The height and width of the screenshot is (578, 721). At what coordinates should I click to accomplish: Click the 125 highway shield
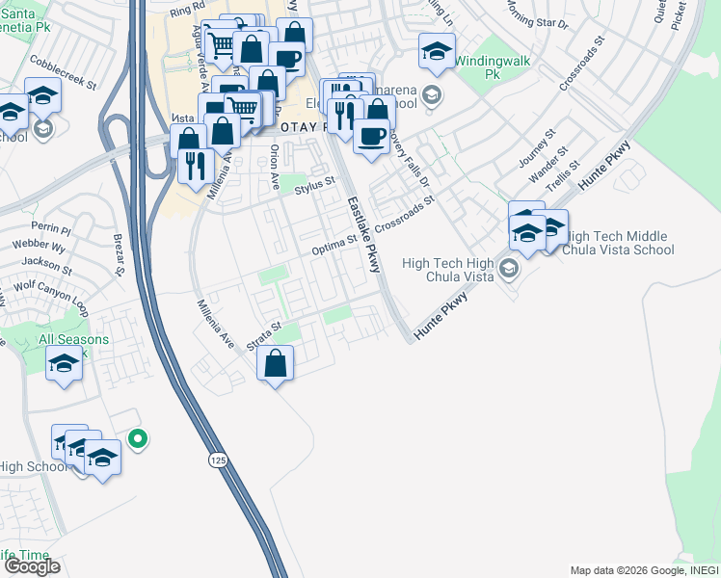tap(218, 461)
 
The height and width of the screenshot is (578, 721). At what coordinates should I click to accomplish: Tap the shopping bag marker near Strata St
tap(276, 364)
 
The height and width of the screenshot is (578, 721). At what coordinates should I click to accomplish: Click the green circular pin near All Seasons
tap(138, 439)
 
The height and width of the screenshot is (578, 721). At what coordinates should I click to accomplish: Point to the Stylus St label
tap(314, 182)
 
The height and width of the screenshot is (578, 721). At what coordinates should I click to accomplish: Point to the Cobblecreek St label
tap(65, 71)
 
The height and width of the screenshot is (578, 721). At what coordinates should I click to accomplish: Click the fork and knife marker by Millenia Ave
tap(198, 166)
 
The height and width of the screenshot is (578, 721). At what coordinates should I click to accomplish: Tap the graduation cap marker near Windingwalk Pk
tap(437, 52)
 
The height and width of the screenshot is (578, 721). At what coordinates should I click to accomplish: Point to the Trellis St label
tap(561, 175)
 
